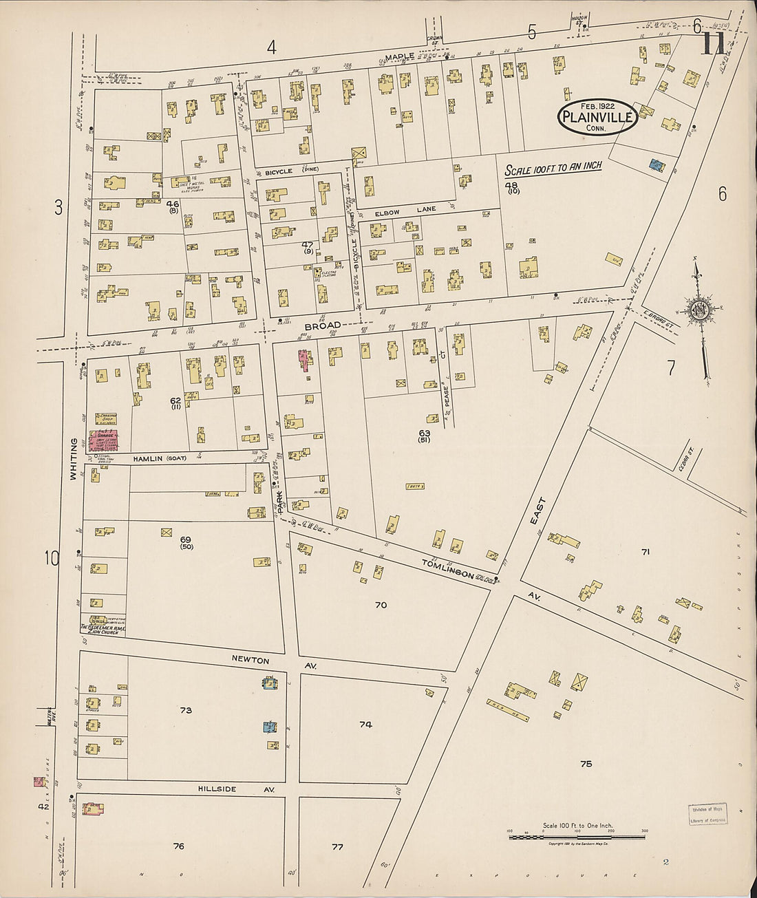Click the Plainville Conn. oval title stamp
pos(597,117)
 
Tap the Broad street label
pos(323,325)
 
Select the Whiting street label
pos(73,459)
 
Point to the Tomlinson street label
pos(448,568)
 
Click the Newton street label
pos(250,661)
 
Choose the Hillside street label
pos(217,789)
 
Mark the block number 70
pos(381,606)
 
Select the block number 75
pos(586,764)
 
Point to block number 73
pos(186,710)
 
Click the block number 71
pos(646,552)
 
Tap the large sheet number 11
pos(712,45)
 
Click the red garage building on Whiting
pos(101,440)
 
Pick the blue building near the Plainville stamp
pos(657,165)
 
